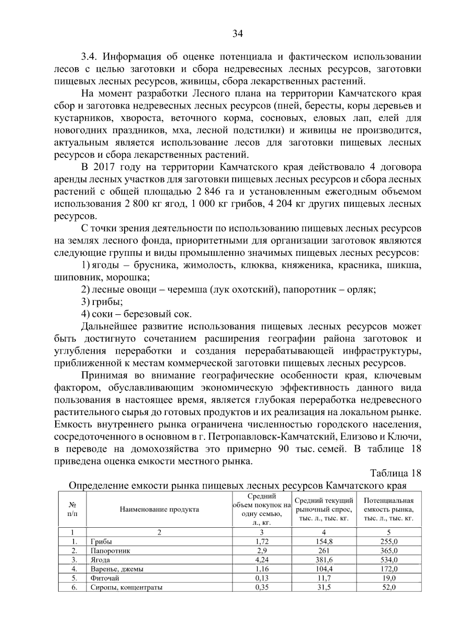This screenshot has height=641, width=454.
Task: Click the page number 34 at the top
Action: [x=237, y=34]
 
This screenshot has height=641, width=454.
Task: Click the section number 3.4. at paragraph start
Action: [x=90, y=57]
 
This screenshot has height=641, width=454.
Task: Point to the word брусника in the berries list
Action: [x=160, y=266]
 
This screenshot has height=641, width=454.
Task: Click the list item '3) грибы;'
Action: [x=102, y=302]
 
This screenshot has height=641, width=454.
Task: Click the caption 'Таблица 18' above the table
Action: [x=395, y=473]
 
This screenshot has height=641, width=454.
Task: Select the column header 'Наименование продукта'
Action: [x=159, y=509]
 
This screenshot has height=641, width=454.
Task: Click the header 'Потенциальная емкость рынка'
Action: [x=389, y=509]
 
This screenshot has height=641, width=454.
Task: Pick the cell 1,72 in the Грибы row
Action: [x=262, y=541]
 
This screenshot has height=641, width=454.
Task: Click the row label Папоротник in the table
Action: [x=110, y=551]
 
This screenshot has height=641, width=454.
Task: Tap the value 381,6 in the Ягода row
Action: [x=324, y=560]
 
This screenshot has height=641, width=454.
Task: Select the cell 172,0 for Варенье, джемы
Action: [x=389, y=569]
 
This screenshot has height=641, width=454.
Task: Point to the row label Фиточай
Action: [x=105, y=578]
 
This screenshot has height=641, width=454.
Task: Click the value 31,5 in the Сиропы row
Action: [x=324, y=587]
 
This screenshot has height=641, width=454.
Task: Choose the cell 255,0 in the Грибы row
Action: [x=389, y=541]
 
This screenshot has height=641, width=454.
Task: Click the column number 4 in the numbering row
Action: [x=324, y=532]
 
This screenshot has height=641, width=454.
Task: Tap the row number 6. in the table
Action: [x=74, y=587]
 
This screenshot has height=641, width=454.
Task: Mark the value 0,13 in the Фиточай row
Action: [x=262, y=578]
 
